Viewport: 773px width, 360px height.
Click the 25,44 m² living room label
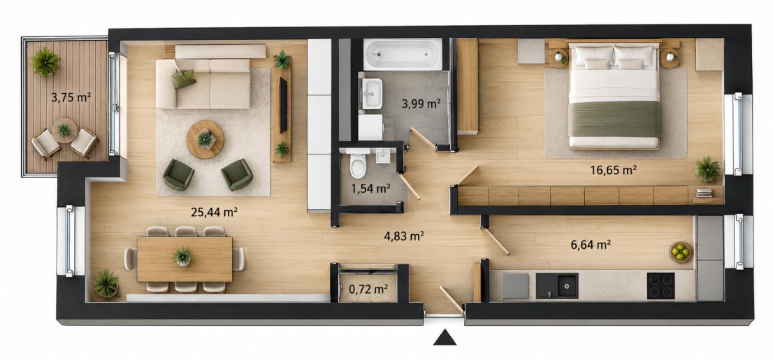pos(214,212)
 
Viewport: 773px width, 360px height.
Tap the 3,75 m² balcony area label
pos(71,97)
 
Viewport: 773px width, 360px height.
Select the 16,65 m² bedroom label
pos(613,170)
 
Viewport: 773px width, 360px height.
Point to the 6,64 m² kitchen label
pos(591,245)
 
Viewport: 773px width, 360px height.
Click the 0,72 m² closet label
pos(368,288)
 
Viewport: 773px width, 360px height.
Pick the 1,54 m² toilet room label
pos(370,188)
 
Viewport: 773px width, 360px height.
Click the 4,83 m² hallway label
pos(404,236)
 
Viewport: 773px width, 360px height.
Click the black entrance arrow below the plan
pos(445,338)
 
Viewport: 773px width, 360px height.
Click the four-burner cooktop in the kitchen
pos(661,286)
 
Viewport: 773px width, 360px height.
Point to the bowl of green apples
pos(681,252)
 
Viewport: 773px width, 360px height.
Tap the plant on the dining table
pos(182,256)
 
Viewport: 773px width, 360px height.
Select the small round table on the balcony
pos(64,130)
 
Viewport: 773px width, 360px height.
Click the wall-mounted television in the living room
pos(283,105)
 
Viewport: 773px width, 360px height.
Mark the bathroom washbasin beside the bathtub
pos(371,94)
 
